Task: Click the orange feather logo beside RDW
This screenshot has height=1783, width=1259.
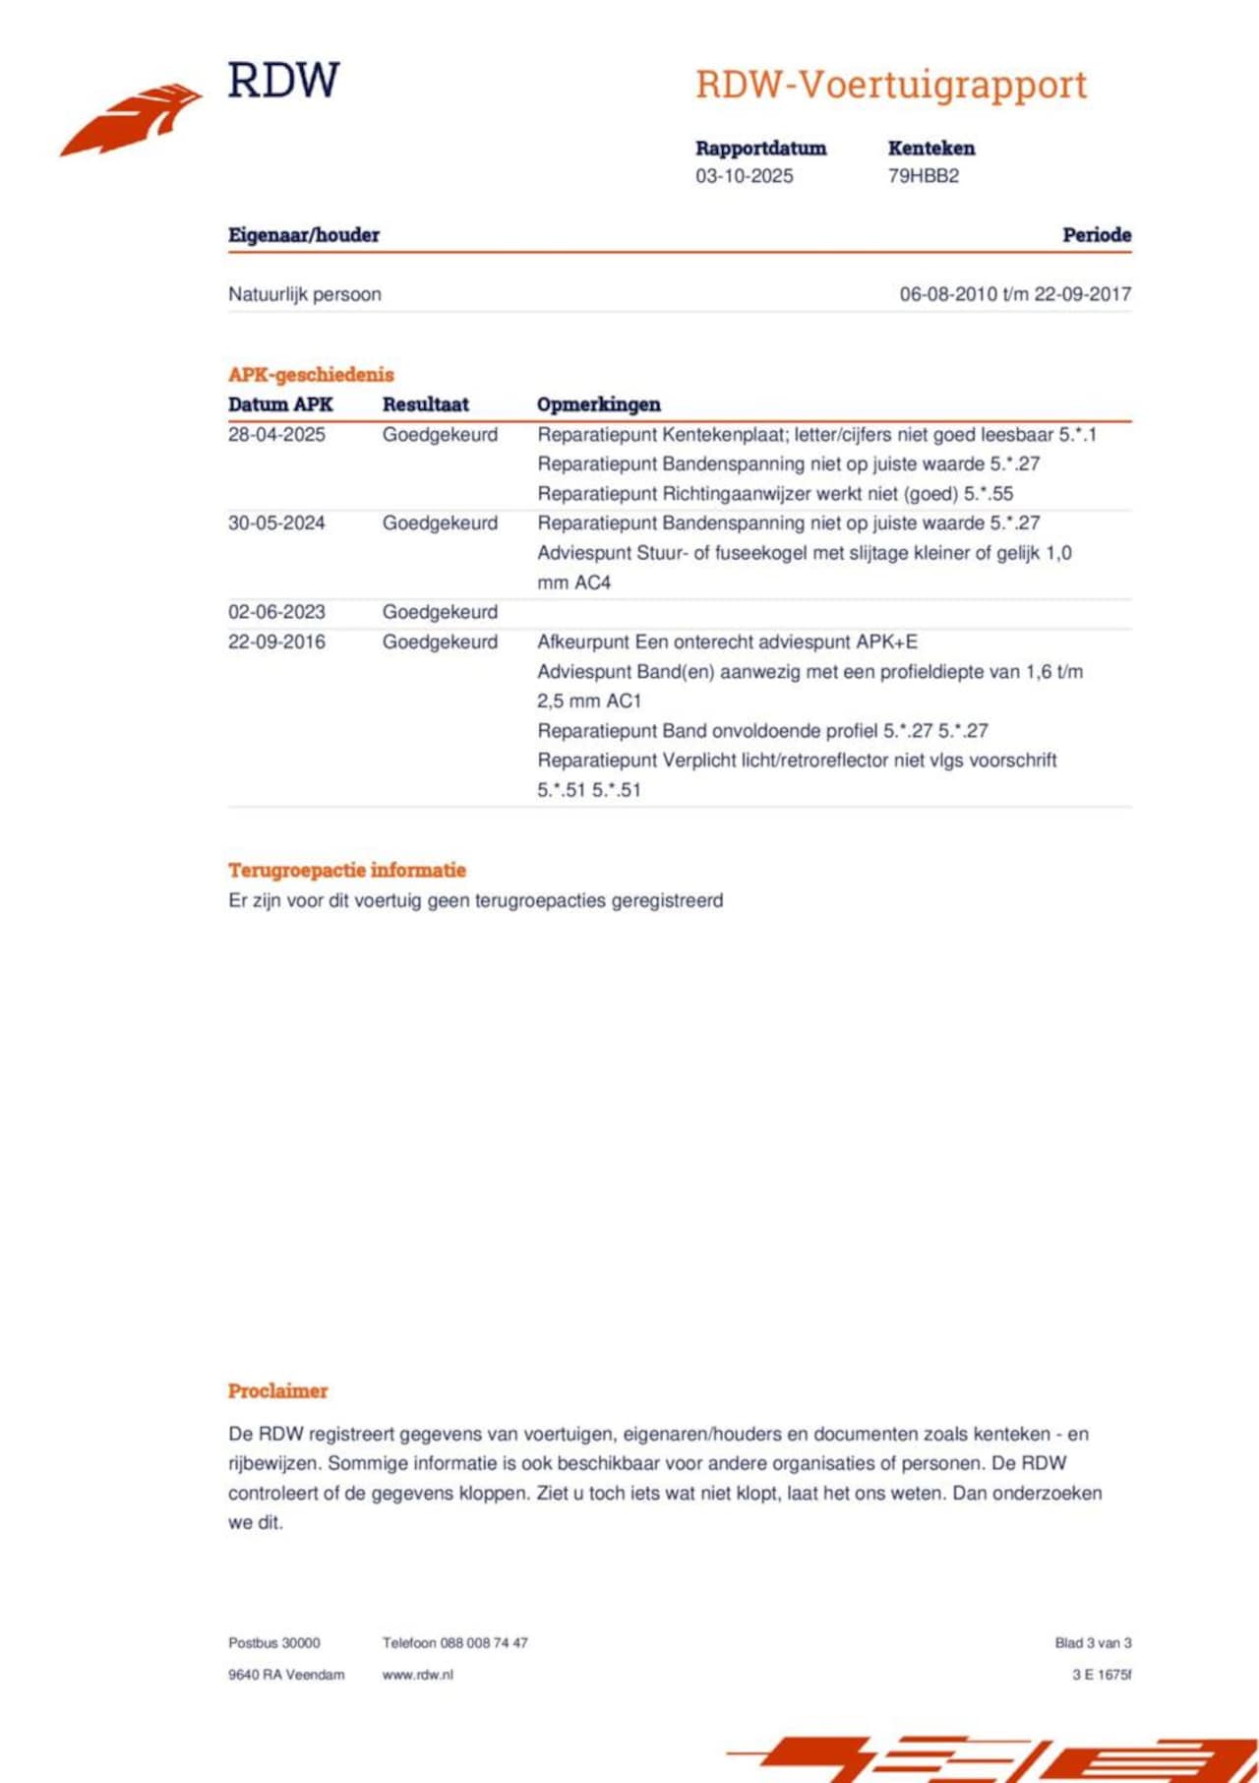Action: [x=132, y=119]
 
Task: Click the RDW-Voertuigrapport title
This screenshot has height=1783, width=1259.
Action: [x=891, y=85]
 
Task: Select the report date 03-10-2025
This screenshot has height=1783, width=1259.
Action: [x=744, y=176]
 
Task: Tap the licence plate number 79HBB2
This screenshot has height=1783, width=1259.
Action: [x=923, y=176]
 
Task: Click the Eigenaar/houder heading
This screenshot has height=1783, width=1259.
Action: [x=304, y=235]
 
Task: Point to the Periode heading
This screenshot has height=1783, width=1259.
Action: [x=1096, y=235]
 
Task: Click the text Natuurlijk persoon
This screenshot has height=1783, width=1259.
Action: [x=305, y=294]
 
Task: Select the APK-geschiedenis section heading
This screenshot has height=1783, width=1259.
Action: [x=311, y=375]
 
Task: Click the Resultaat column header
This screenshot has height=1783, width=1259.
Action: [x=425, y=404]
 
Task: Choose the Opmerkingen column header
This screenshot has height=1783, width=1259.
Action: [x=598, y=404]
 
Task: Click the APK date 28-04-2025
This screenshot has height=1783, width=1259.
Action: [x=276, y=435]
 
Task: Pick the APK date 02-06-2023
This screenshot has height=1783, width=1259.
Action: [x=276, y=612]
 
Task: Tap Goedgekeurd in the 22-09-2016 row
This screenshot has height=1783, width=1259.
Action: [x=440, y=642]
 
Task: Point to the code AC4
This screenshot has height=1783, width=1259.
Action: [x=593, y=583]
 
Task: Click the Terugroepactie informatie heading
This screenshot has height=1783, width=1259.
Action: [x=347, y=870]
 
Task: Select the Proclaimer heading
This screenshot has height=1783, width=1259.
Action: [x=277, y=1391]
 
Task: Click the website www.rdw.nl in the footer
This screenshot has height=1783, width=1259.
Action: [x=418, y=1675]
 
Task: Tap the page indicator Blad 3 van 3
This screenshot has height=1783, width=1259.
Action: [x=1093, y=1643]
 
